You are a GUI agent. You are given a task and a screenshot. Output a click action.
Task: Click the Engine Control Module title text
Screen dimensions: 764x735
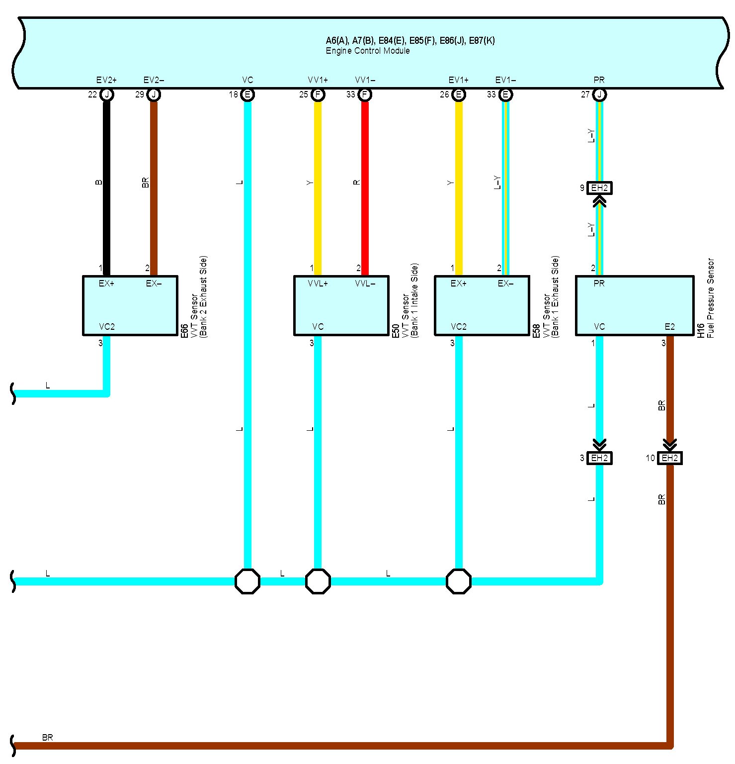pyautogui.click(x=368, y=51)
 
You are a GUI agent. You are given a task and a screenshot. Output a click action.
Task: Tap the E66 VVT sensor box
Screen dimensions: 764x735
pyautogui.click(x=130, y=305)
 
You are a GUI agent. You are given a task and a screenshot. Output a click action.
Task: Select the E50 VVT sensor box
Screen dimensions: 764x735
pyautogui.click(x=341, y=305)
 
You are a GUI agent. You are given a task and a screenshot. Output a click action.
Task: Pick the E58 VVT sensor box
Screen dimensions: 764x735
pyautogui.click(x=482, y=305)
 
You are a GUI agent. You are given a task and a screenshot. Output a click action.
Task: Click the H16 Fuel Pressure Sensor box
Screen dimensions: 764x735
pyautogui.click(x=635, y=305)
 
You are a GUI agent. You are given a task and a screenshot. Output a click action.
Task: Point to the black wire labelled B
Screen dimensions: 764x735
pyautogui.click(x=106, y=184)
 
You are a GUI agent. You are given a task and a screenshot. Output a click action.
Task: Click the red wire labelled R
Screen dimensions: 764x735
pyautogui.click(x=365, y=184)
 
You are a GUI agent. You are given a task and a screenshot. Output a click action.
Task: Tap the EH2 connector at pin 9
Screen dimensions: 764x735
pyautogui.click(x=599, y=188)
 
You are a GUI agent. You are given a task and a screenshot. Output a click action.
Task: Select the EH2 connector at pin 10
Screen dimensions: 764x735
pyautogui.click(x=669, y=458)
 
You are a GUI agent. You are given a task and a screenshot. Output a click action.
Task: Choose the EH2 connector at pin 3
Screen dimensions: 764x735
pyautogui.click(x=599, y=458)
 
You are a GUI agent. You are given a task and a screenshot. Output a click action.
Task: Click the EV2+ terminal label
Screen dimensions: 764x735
pyautogui.click(x=106, y=80)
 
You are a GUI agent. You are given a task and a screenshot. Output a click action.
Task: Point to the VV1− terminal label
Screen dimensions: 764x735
pyautogui.click(x=365, y=80)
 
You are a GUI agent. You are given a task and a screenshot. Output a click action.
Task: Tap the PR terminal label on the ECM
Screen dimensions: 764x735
pyautogui.click(x=599, y=80)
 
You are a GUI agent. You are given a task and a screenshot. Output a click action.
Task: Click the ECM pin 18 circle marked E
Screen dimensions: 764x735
pyautogui.click(x=247, y=95)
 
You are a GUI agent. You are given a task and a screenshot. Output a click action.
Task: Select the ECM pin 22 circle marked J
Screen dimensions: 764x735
pyautogui.click(x=106, y=95)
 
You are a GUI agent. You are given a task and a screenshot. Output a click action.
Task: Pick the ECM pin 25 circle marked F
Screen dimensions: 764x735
pyautogui.click(x=318, y=95)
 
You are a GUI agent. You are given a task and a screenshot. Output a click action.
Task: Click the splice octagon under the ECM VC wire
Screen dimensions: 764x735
pyautogui.click(x=247, y=581)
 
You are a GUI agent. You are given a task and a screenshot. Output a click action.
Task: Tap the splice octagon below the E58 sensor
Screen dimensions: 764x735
pyautogui.click(x=458, y=581)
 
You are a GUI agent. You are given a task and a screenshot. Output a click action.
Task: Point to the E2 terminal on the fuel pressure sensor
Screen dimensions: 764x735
pyautogui.click(x=669, y=327)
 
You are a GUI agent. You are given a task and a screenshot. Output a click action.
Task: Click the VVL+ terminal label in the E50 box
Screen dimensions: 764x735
pyautogui.click(x=318, y=284)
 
